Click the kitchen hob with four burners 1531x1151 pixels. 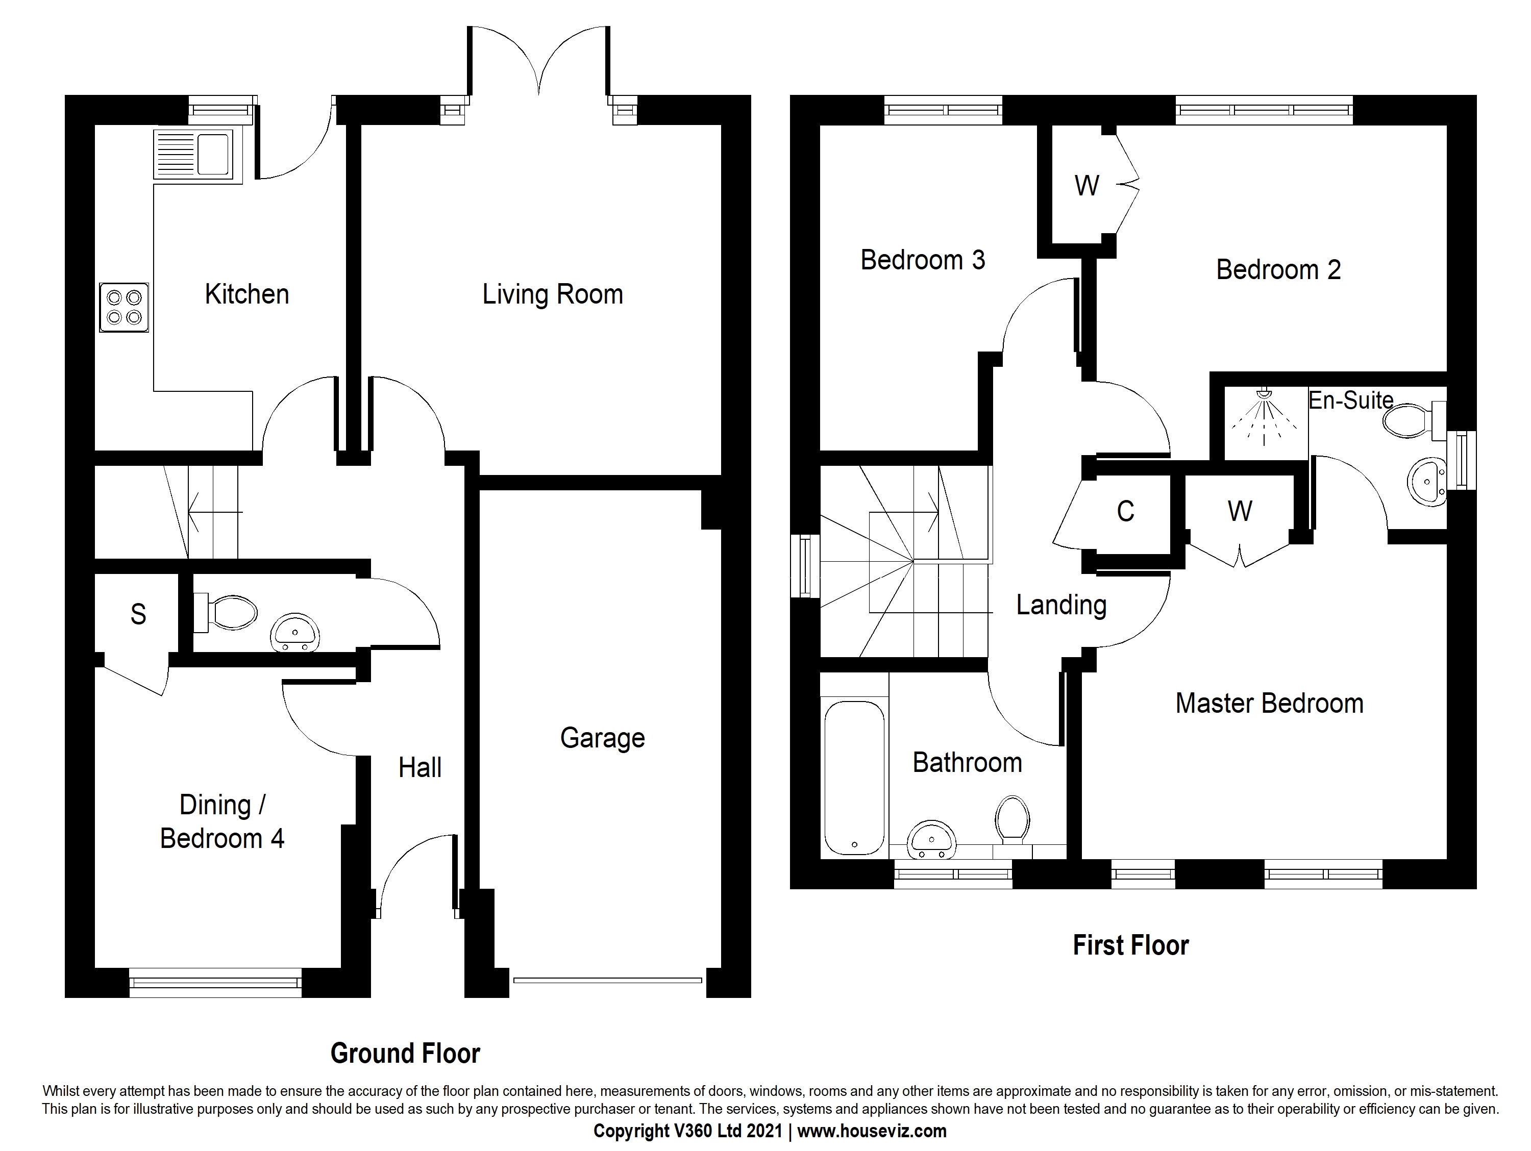(124, 307)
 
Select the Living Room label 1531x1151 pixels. (552, 294)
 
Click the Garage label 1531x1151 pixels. (602, 738)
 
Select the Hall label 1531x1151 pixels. (419, 767)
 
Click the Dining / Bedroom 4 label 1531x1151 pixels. (222, 821)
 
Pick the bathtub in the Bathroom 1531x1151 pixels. (854, 779)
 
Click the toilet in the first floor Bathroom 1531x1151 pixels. (1013, 819)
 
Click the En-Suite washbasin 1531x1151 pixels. (1427, 481)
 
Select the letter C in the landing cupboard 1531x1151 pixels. (1125, 512)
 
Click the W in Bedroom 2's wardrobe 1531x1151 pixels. (1086, 186)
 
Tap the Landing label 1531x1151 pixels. (1061, 605)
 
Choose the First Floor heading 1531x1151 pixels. (1130, 945)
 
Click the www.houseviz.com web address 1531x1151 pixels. (872, 1131)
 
